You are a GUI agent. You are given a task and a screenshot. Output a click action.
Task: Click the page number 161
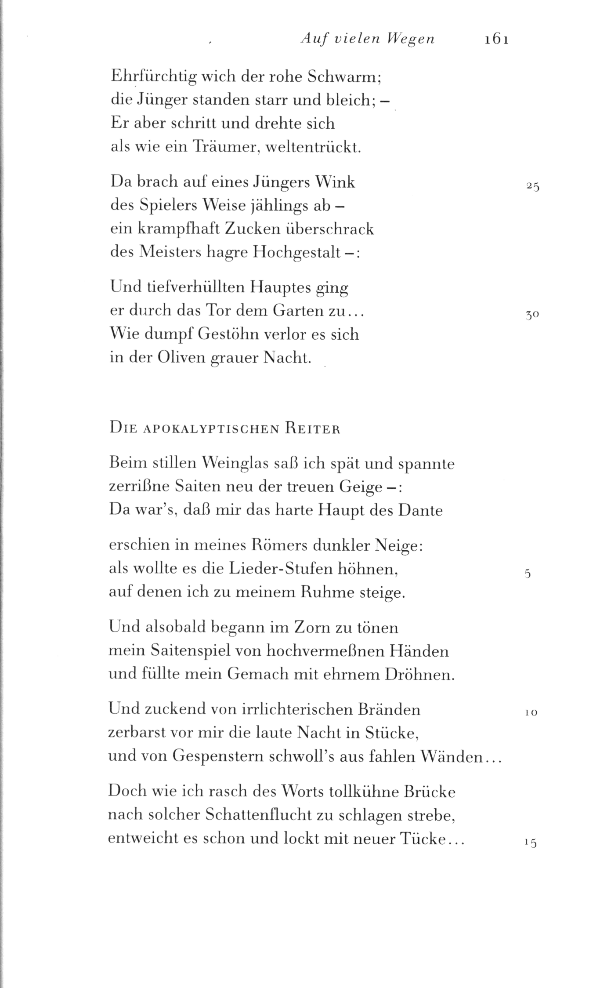(496, 40)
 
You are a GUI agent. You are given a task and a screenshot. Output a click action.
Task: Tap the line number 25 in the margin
(533, 186)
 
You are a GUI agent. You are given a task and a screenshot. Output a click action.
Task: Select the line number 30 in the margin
(532, 316)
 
